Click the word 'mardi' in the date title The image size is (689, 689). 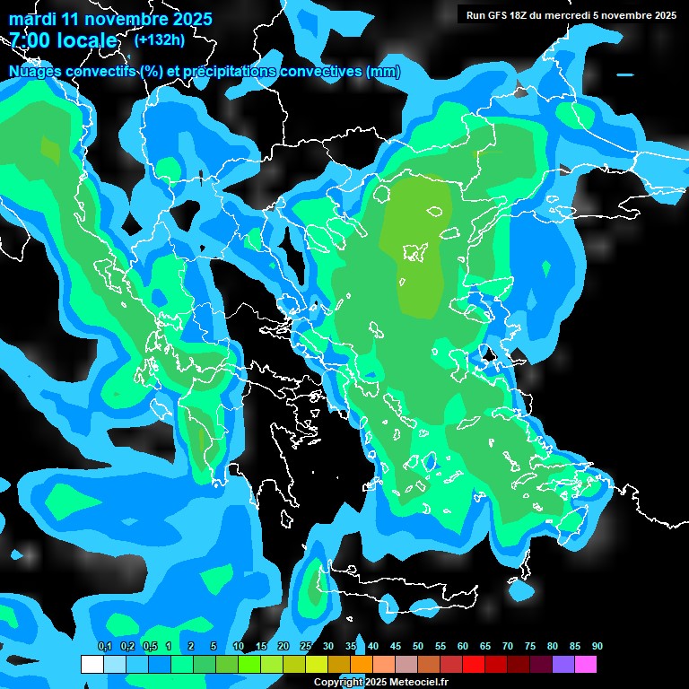tap(31, 19)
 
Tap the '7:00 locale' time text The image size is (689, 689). tap(63, 40)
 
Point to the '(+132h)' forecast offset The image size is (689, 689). tap(160, 39)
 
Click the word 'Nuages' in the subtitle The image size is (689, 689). tap(35, 71)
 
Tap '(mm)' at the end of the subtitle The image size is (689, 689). tap(383, 71)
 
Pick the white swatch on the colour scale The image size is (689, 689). tap(92, 664)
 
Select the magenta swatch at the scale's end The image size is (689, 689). tap(586, 664)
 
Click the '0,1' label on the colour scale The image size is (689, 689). tap(104, 647)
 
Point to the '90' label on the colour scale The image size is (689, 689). tap(597, 647)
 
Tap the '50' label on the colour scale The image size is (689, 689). tap(418, 647)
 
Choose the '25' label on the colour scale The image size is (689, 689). tap(306, 647)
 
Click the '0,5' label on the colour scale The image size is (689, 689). tap(149, 647)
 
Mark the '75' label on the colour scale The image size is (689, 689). tap(530, 647)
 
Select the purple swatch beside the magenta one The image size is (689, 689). tap(563, 664)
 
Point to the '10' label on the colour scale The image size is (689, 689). tap(239, 647)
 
